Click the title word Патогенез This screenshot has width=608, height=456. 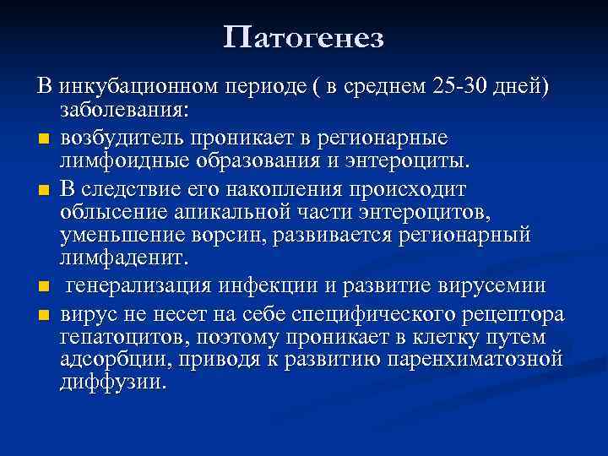[304, 37]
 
